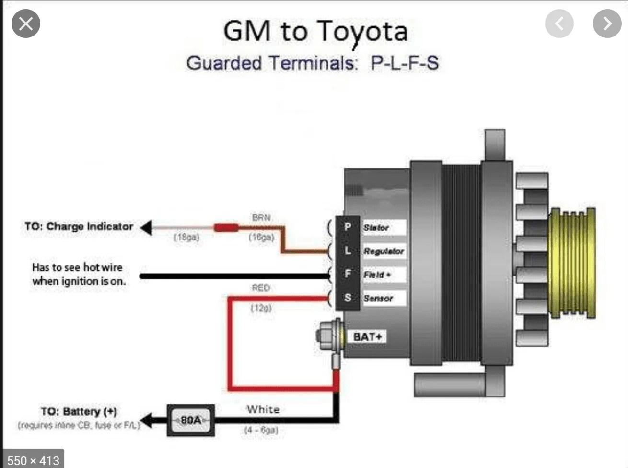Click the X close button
coord(26,24)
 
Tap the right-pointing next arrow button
coord(607,24)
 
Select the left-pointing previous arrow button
coord(559,24)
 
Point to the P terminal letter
coord(348,227)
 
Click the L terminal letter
coord(348,250)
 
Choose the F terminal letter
coord(348,274)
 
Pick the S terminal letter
coord(348,298)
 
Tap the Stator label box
coord(383,228)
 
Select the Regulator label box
coord(383,251)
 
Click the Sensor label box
coord(383,298)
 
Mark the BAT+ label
coord(368,336)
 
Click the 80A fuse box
coord(191,420)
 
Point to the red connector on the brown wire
coord(226,228)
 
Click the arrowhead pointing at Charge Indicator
coord(146,228)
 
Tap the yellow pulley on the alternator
coord(573,263)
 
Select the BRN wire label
coord(261,217)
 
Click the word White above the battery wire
coord(263,409)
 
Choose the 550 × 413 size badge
coord(33,460)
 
